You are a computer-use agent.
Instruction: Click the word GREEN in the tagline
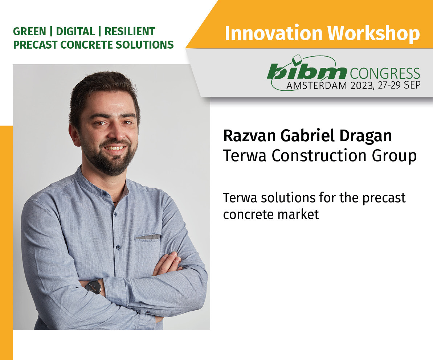click(x=29, y=32)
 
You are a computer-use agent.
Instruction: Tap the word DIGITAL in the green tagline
click(x=75, y=32)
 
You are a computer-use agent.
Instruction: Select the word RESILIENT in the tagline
click(x=130, y=32)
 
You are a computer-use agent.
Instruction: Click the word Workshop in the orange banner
click(x=373, y=33)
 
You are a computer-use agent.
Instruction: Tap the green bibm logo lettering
click(x=307, y=72)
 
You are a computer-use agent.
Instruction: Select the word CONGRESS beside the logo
click(x=385, y=73)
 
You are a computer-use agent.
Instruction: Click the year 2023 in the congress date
click(x=362, y=86)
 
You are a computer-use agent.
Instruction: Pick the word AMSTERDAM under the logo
click(x=316, y=86)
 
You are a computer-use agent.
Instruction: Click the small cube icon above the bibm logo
click(x=297, y=58)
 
